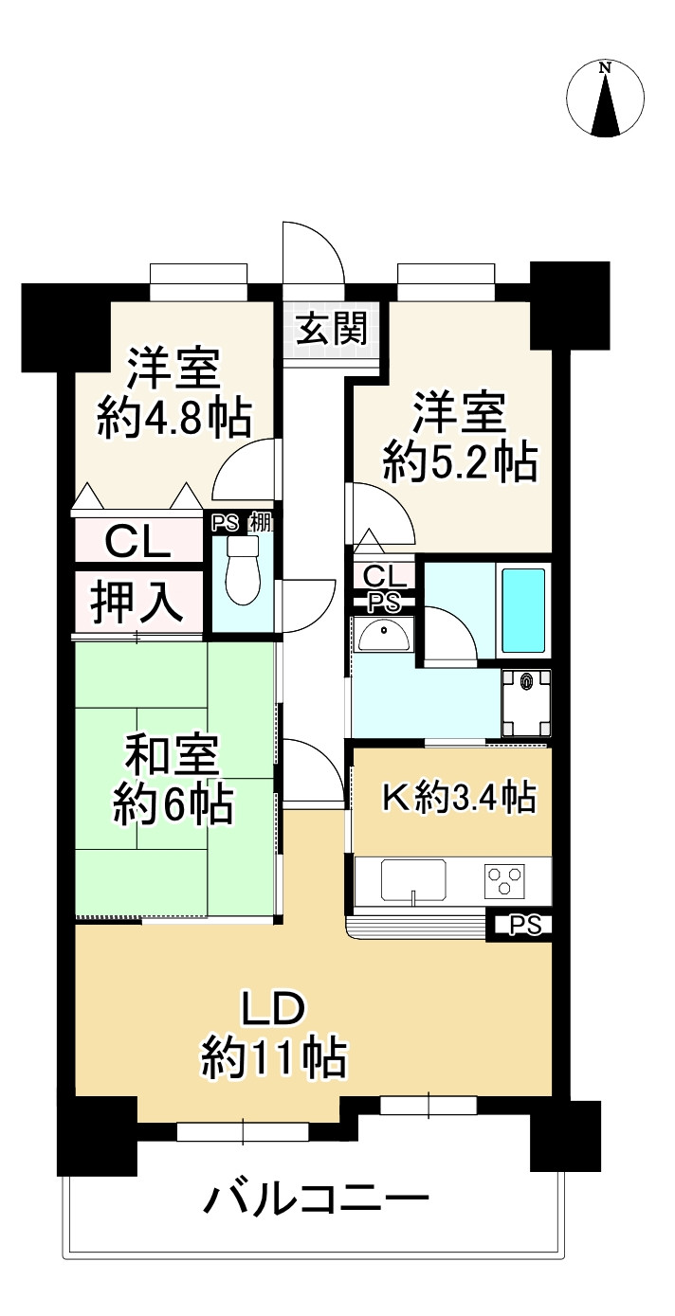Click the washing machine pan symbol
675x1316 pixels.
(526, 702)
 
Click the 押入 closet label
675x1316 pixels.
(137, 602)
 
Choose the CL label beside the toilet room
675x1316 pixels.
(137, 543)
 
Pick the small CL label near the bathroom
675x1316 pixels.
(384, 575)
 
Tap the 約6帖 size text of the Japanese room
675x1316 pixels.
(173, 805)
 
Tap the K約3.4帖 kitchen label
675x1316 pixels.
(459, 799)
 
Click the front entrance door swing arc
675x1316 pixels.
(322, 248)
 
